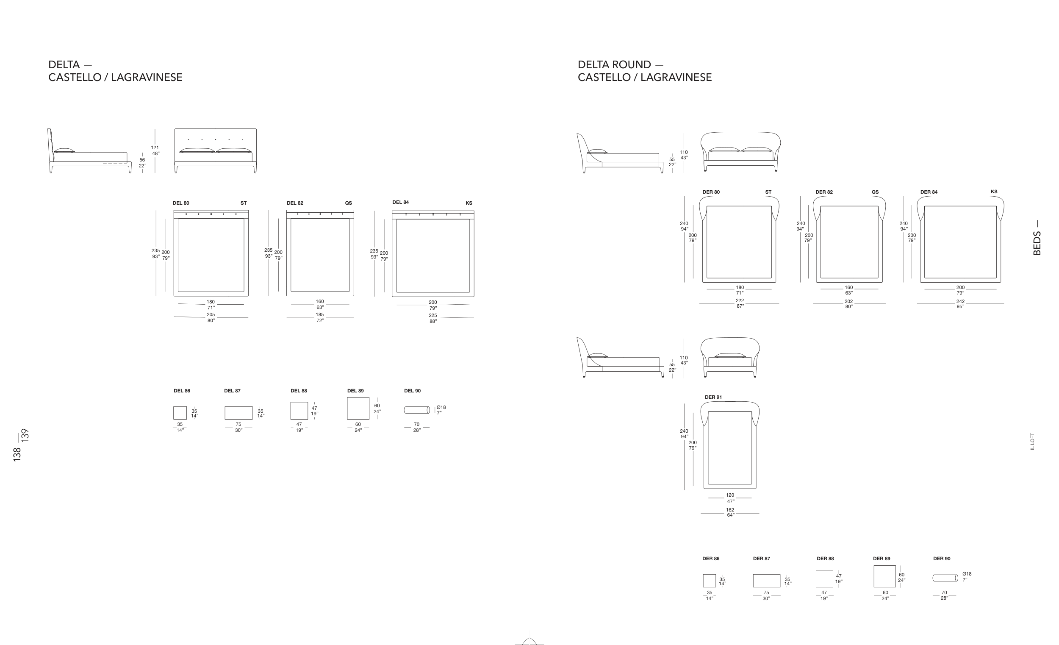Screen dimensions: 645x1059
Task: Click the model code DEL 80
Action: click(180, 203)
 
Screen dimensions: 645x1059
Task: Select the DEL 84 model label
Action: click(400, 202)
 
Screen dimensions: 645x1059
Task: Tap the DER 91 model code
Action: click(713, 398)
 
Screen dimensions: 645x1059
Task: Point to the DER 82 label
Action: click(824, 192)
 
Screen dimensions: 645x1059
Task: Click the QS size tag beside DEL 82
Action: click(348, 203)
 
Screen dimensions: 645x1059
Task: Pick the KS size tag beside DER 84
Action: click(994, 192)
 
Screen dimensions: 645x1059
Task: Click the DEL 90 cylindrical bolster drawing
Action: click(416, 410)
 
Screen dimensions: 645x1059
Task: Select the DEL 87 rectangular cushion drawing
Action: click(238, 413)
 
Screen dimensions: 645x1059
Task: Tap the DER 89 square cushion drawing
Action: click(884, 576)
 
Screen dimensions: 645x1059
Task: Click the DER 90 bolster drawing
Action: click(945, 578)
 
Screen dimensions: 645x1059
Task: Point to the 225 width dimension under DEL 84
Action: click(432, 315)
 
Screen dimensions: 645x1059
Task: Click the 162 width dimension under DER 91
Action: click(730, 510)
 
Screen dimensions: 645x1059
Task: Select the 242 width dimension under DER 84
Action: click(960, 301)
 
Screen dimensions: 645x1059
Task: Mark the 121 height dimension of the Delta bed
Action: click(155, 147)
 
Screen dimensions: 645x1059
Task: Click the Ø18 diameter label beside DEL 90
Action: click(441, 407)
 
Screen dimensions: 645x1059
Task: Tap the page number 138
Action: click(17, 455)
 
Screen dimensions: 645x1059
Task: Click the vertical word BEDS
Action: click(1037, 243)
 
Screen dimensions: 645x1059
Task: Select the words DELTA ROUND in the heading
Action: click(614, 64)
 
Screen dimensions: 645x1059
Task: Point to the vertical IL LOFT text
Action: click(1032, 442)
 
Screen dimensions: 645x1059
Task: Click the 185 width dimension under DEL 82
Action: click(320, 314)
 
